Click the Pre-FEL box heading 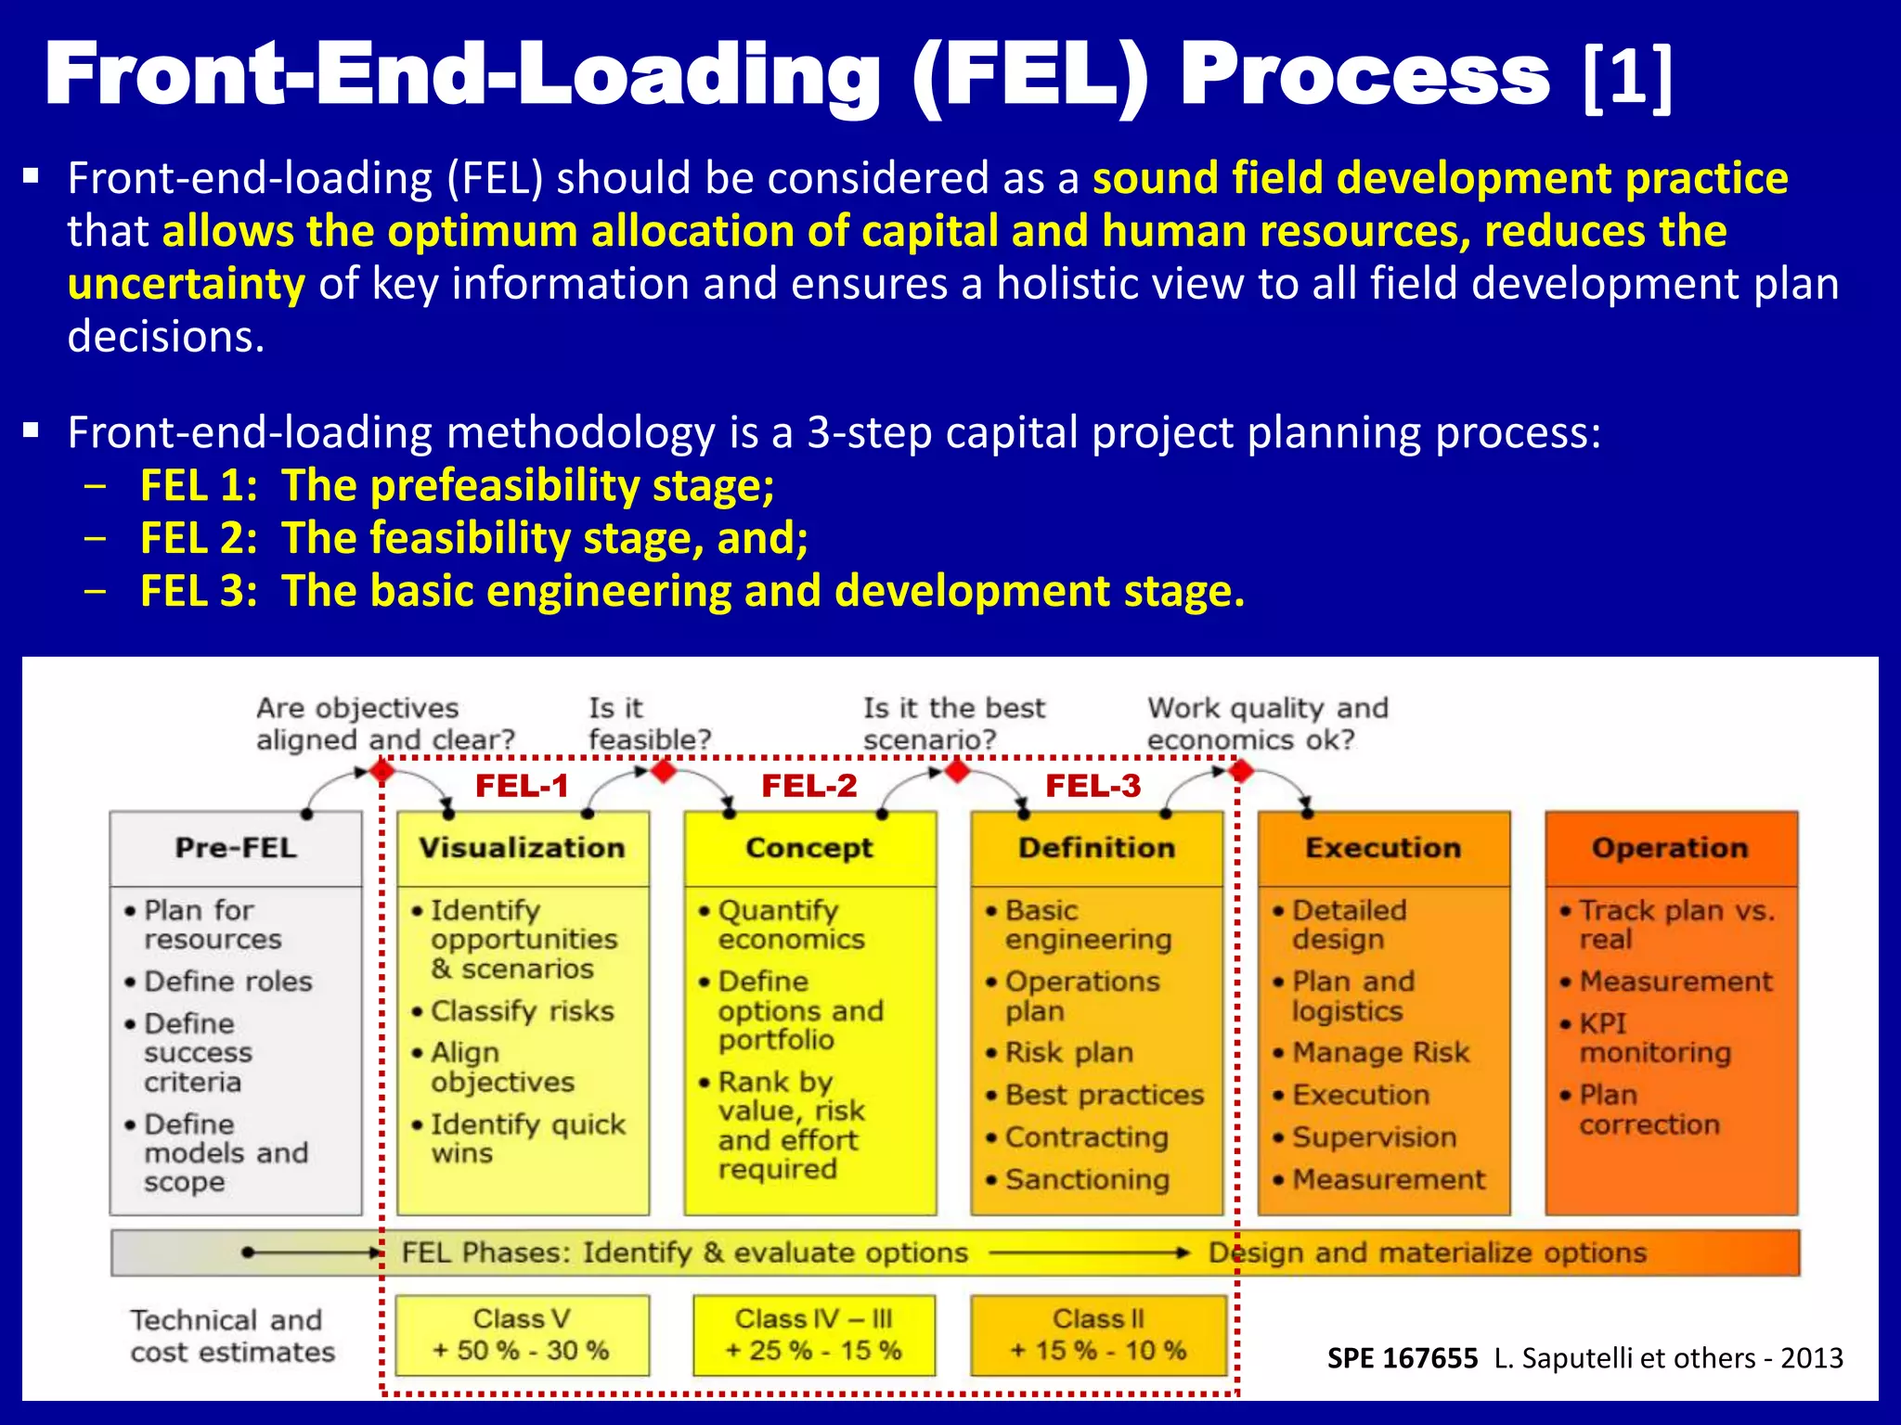tap(236, 848)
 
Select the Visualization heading tap(522, 848)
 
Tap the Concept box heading tap(809, 848)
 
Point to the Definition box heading tap(1096, 848)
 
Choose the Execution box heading tap(1383, 848)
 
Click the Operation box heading tap(1670, 848)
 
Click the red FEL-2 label tap(809, 786)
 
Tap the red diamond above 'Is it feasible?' tap(663, 770)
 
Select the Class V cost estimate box tap(523, 1335)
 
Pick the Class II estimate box tap(1098, 1335)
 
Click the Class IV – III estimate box tap(813, 1335)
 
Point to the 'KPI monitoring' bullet tap(1654, 1038)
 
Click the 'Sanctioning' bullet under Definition tap(1086, 1180)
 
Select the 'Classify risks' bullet tap(522, 1011)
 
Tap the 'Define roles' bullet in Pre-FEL tap(227, 982)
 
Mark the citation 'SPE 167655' tap(1402, 1358)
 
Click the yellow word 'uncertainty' tap(186, 284)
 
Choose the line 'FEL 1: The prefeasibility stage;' tap(457, 485)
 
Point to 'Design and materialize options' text tap(1427, 1253)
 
